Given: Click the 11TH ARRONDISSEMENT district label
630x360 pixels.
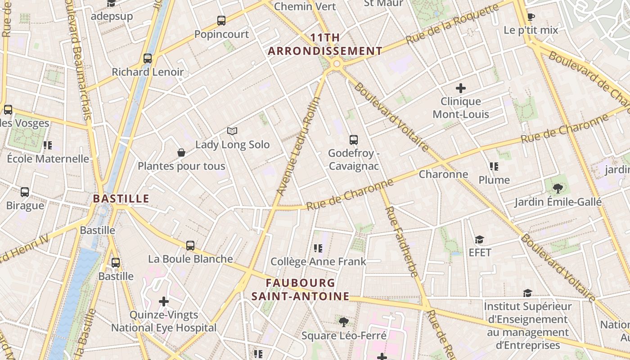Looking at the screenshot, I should (x=325, y=44).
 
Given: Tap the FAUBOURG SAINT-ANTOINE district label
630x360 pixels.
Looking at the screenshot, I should (x=300, y=289).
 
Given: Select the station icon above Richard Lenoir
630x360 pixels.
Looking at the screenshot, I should (x=148, y=58).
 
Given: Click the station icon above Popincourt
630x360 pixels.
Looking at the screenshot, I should (x=221, y=21).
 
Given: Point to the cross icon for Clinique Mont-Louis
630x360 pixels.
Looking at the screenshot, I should (x=461, y=88).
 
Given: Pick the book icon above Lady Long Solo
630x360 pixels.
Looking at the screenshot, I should (x=232, y=131).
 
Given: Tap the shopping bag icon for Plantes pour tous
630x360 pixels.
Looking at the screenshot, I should (x=181, y=153).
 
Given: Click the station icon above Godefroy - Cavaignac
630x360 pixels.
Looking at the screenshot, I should (x=354, y=140).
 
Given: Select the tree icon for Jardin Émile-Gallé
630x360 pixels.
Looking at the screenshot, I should (x=558, y=189).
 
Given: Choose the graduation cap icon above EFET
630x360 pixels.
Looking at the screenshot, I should (x=480, y=239).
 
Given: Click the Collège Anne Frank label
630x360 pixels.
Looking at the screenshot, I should (x=318, y=261).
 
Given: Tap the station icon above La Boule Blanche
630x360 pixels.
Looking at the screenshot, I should (x=190, y=246).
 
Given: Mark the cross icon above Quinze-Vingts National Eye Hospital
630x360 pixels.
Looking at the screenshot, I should (x=164, y=301).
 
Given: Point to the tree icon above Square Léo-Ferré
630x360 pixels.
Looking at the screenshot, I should (x=344, y=322).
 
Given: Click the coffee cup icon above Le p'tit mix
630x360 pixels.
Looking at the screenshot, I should (x=531, y=17).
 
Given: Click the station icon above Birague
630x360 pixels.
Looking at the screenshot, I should (x=25, y=192).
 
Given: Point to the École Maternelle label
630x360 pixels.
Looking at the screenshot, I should (x=48, y=158).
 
